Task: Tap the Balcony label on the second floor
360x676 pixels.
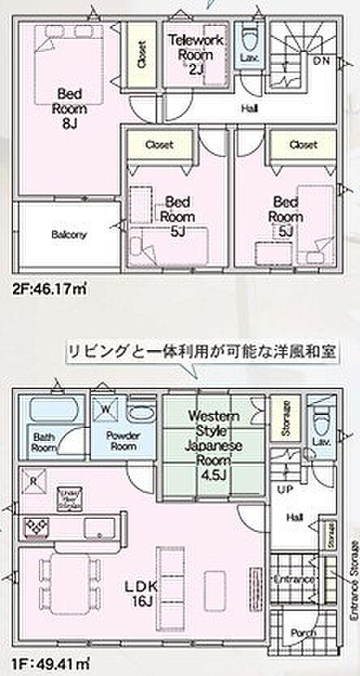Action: (69, 234)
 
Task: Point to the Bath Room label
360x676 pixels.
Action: (45, 444)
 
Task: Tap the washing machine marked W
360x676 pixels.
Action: (104, 409)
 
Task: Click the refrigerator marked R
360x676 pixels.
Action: (33, 478)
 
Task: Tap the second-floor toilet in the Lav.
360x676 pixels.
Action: (249, 39)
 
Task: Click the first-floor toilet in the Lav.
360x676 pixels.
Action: (320, 419)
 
